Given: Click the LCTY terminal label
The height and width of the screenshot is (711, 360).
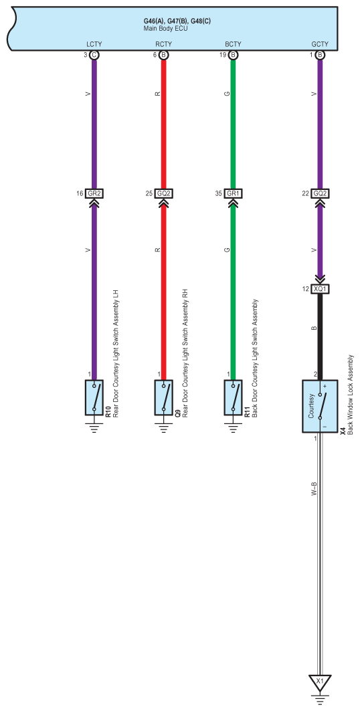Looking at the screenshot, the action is pos(94,44).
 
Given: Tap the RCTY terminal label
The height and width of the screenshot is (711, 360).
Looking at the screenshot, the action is pos(163,44).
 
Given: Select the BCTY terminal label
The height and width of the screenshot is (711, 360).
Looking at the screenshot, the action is pos(233,44).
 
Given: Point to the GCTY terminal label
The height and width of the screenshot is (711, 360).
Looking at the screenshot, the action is pos(320,44).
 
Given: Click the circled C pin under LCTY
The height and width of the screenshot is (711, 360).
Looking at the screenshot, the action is pos(94,55).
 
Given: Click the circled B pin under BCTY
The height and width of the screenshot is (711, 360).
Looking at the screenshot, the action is pos(233,55).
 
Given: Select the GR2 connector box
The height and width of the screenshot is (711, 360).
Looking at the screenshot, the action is pos(94,193).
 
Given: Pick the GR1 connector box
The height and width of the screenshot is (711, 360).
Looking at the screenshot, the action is pos(233,193).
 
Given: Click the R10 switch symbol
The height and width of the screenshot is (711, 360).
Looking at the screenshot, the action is pos(94,397).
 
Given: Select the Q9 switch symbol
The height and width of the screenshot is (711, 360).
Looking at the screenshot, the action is pos(164,397).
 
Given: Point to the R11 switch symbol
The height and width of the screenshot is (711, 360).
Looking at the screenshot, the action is pos(233,397).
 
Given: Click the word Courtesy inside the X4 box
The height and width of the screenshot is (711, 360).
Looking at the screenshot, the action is pos(311,406).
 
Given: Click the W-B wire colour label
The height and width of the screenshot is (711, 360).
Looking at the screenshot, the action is pos(314,489).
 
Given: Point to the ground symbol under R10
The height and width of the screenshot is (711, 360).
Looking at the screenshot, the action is pos(94,427).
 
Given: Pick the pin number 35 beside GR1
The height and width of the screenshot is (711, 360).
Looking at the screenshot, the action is pos(218,193).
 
